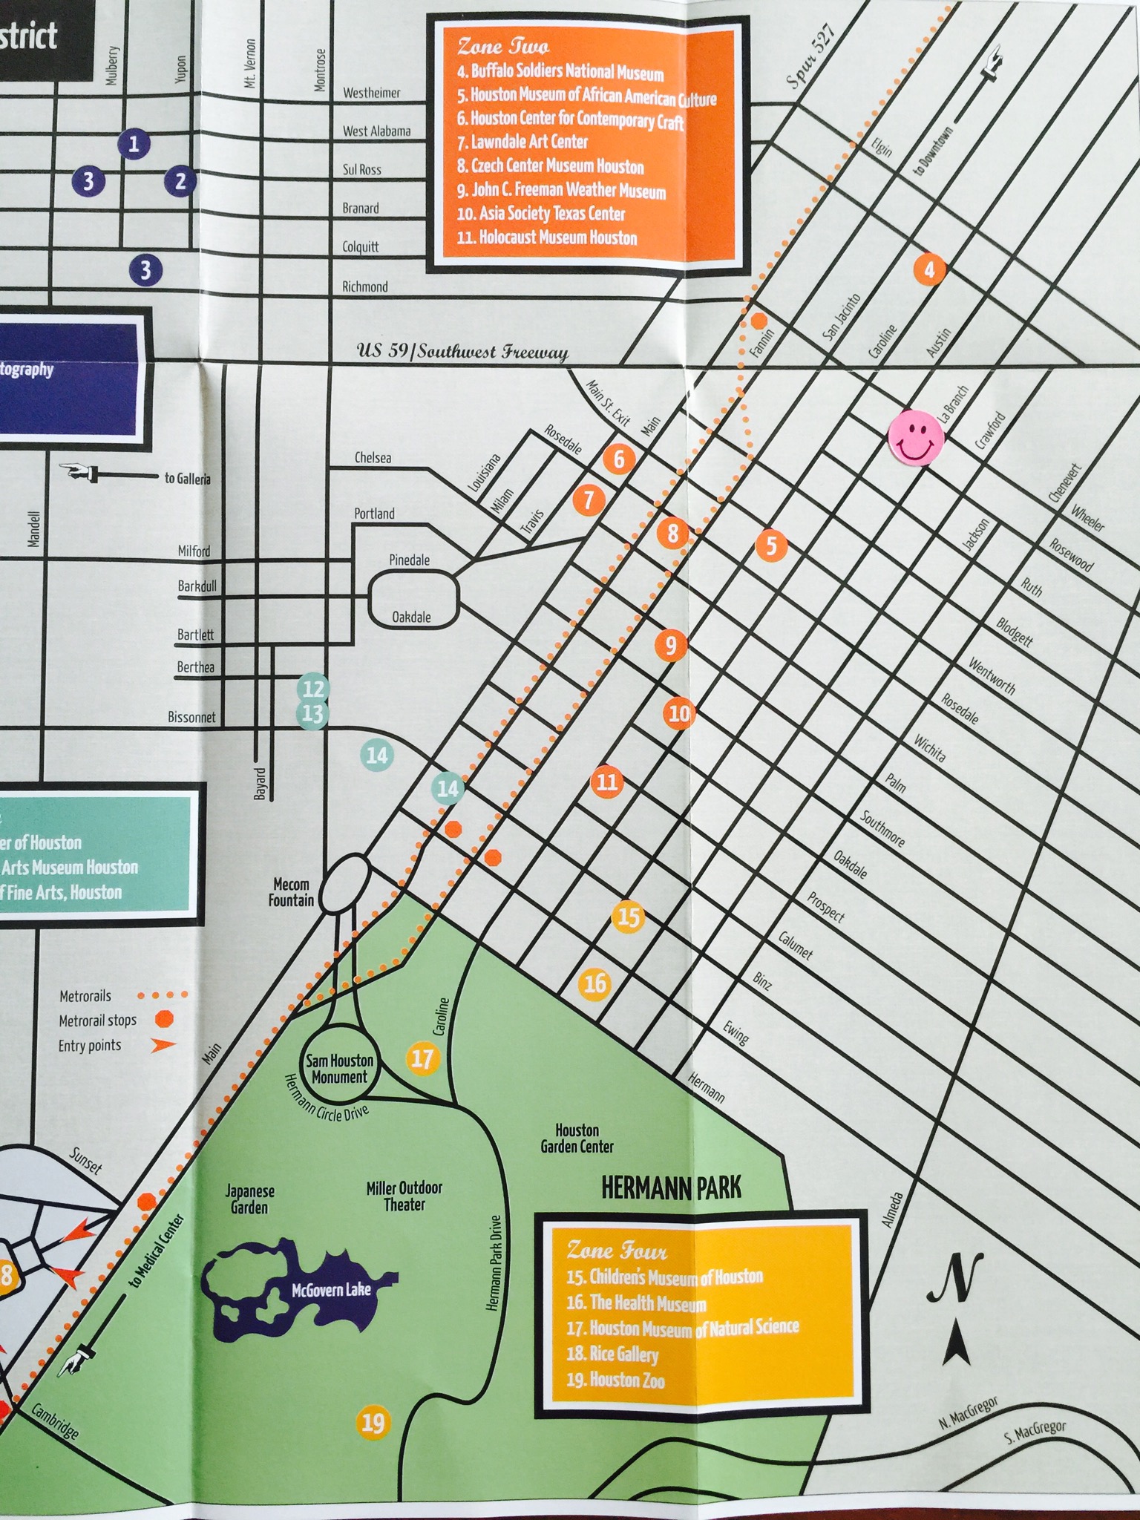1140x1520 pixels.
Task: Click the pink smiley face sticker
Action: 915,438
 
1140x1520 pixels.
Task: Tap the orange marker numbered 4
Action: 929,269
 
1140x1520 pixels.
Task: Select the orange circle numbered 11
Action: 606,781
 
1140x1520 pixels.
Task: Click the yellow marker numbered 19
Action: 373,1423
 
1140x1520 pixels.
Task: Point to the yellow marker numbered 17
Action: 422,1058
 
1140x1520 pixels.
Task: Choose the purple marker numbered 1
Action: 134,143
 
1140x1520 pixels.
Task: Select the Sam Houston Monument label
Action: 339,1069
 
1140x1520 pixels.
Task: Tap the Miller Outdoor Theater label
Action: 404,1196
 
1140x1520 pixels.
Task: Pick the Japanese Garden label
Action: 250,1199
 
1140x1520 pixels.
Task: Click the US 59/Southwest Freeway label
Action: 462,352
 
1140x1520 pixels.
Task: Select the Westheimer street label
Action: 371,94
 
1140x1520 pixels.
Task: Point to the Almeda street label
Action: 895,1209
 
